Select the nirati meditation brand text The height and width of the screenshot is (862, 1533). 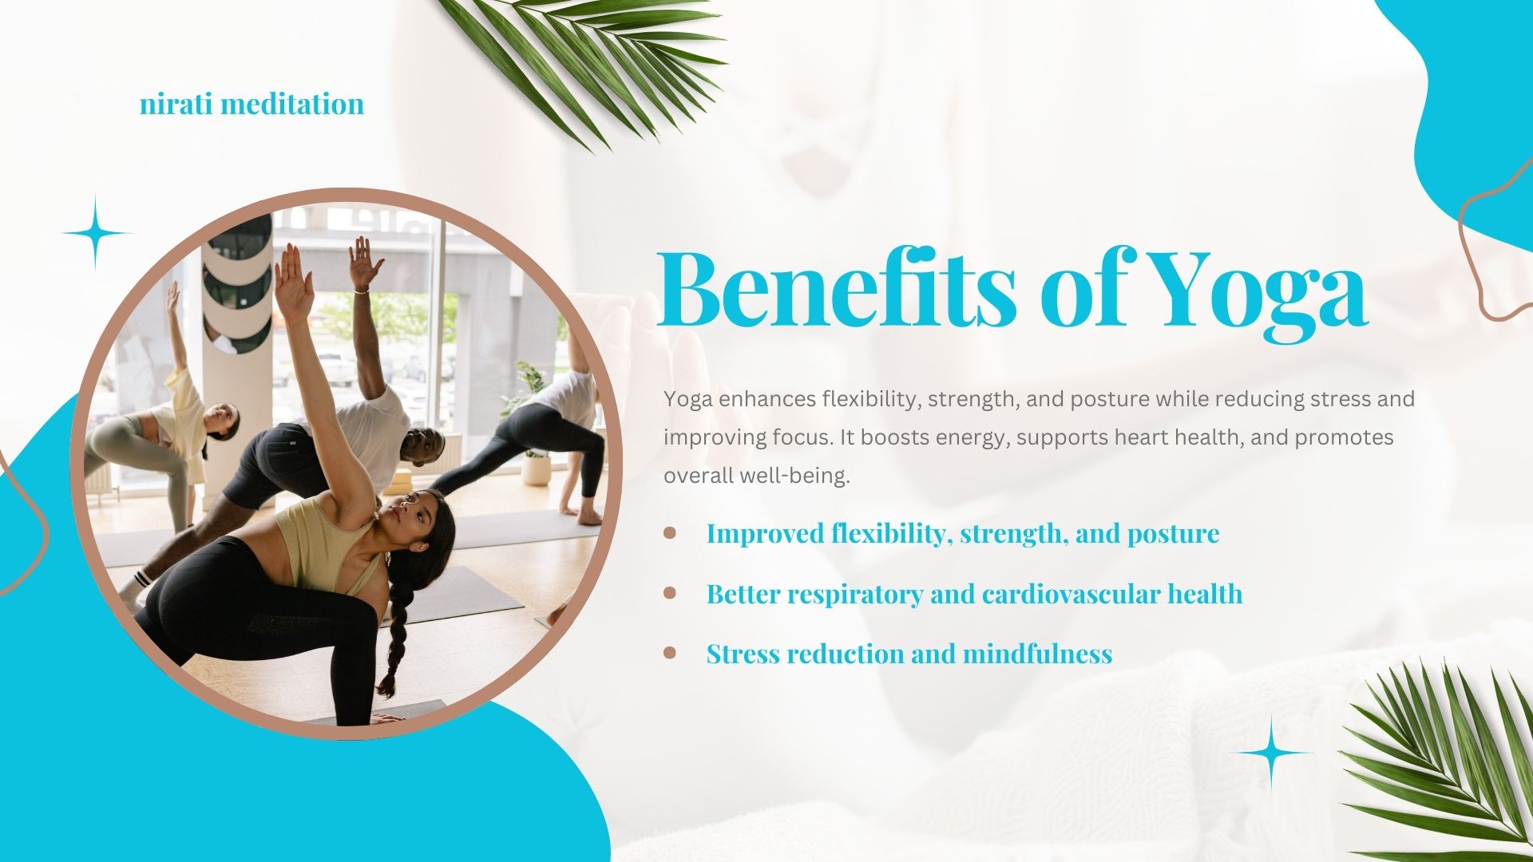click(252, 104)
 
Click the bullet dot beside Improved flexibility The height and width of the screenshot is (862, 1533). click(670, 532)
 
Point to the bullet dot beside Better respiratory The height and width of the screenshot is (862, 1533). click(670, 592)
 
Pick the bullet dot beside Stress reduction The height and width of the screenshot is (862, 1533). click(670, 653)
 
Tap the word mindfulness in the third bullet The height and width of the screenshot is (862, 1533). click(1037, 653)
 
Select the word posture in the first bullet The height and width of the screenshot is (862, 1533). click(1173, 534)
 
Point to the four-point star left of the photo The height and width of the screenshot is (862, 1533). click(97, 233)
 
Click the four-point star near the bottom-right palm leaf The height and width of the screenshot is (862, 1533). click(1270, 753)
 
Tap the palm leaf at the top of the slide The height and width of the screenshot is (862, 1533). click(591, 64)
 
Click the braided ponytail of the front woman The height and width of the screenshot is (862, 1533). click(397, 631)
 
